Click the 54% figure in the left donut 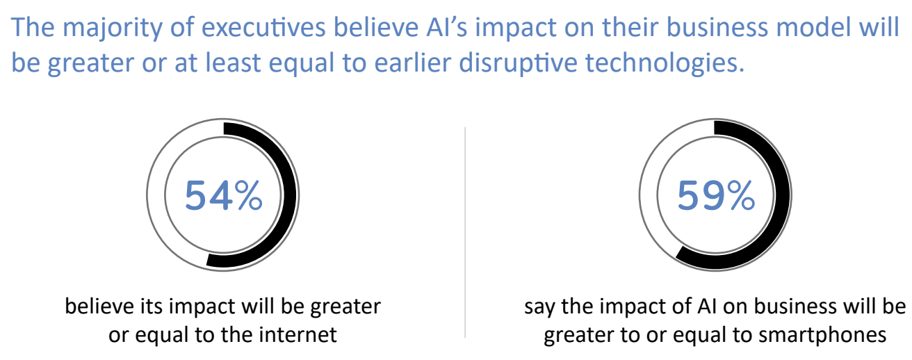224,196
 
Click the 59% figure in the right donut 715,196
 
